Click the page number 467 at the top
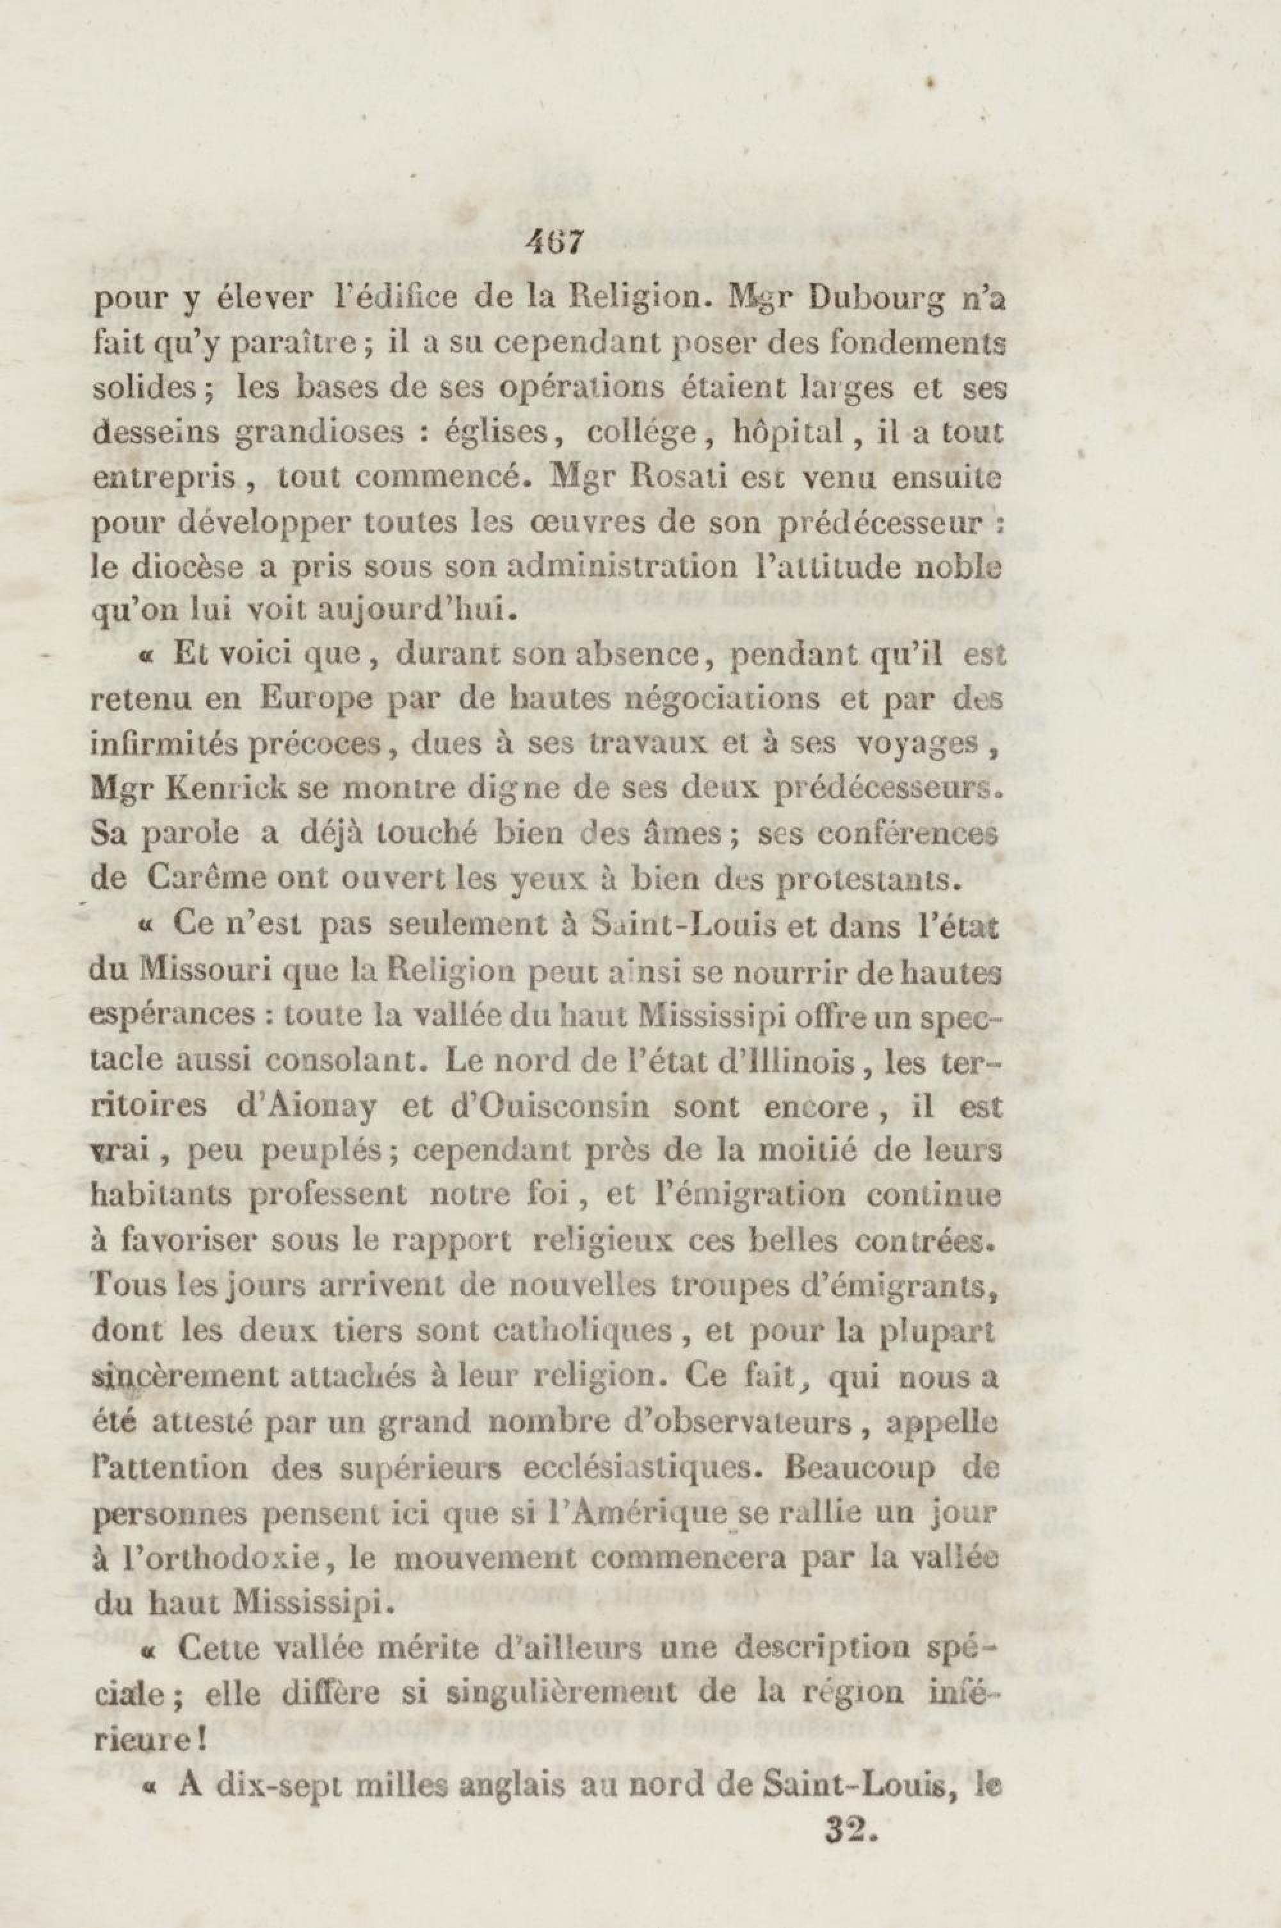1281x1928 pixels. coord(554,243)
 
